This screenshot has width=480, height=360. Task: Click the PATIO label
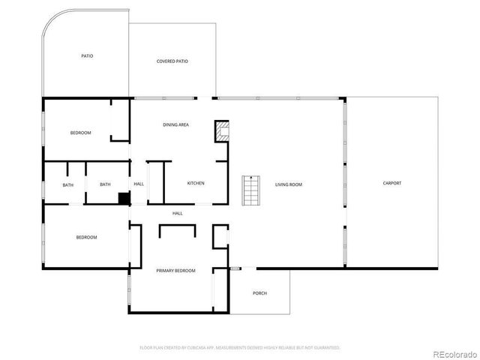pyautogui.click(x=87, y=56)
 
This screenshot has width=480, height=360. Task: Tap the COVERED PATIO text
pyautogui.click(x=172, y=61)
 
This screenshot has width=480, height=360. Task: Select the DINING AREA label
pyautogui.click(x=175, y=124)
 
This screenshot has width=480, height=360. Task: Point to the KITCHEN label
pyautogui.click(x=195, y=183)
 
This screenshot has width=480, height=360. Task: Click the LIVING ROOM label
pyautogui.click(x=288, y=184)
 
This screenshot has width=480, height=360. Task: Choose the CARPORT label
pyautogui.click(x=391, y=183)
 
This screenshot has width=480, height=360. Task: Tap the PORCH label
pyautogui.click(x=259, y=293)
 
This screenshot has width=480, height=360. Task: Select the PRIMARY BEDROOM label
pyautogui.click(x=175, y=270)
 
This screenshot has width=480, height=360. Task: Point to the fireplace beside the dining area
pyautogui.click(x=223, y=132)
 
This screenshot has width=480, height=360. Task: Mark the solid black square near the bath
pyautogui.click(x=124, y=198)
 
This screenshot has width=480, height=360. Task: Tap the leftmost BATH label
pyautogui.click(x=68, y=184)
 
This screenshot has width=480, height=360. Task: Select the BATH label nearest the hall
pyautogui.click(x=105, y=184)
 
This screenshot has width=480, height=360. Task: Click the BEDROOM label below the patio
pyautogui.click(x=80, y=133)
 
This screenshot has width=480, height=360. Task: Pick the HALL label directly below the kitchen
pyautogui.click(x=178, y=214)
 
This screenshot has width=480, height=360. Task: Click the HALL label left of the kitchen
pyautogui.click(x=139, y=184)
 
